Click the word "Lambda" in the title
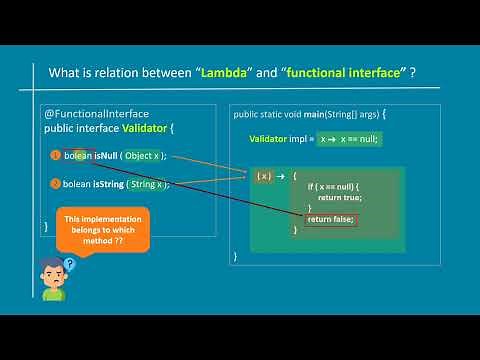click(227, 74)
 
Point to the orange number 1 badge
click(54, 156)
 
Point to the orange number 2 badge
click(54, 184)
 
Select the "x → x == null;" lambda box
click(347, 139)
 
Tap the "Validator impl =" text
click(282, 139)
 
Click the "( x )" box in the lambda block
click(264, 176)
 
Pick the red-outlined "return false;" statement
click(331, 219)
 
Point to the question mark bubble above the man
click(69, 264)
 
